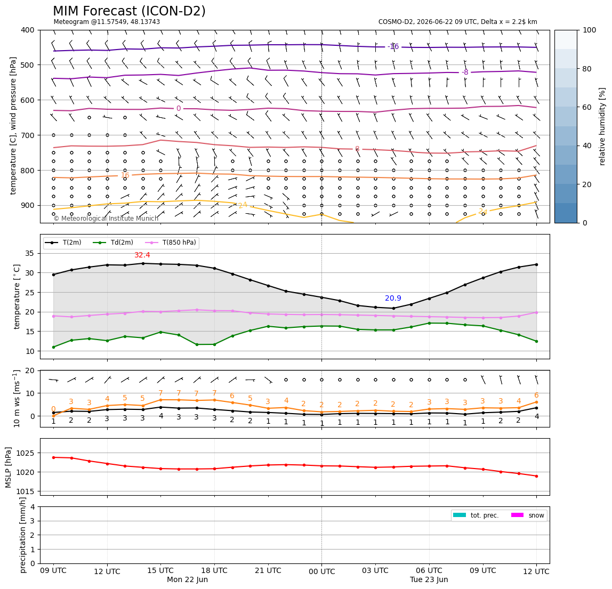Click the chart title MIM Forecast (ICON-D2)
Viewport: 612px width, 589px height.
point(129,11)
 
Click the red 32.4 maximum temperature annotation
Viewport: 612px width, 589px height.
point(142,255)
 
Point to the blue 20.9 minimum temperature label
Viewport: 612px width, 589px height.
point(393,298)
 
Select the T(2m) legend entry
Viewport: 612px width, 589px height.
point(63,243)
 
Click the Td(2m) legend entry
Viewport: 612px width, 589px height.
point(113,243)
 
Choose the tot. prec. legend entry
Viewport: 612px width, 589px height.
point(476,515)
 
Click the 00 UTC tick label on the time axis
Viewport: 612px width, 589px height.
point(321,572)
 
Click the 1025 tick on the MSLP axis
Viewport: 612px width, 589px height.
point(26,453)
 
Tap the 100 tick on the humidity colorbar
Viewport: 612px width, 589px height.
point(590,30)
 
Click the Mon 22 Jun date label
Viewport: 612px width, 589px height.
point(187,579)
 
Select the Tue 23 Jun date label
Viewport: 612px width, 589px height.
point(429,579)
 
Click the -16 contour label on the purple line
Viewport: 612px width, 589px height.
point(393,47)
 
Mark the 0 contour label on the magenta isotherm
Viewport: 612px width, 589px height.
point(179,109)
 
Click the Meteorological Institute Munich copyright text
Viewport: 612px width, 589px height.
point(106,219)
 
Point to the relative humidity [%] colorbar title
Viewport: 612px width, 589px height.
point(602,126)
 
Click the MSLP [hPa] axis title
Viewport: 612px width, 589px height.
point(9,467)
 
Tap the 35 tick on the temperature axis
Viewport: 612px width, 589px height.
point(30,254)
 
